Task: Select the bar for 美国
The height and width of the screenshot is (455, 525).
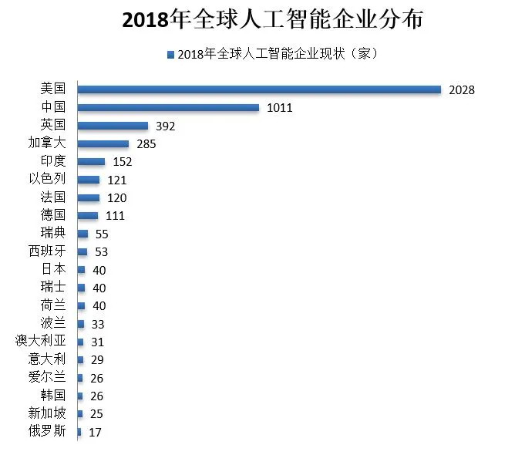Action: (259, 89)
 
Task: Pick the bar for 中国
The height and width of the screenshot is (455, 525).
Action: (168, 107)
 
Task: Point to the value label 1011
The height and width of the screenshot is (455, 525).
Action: (279, 108)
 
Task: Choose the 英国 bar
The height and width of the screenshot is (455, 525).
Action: (113, 125)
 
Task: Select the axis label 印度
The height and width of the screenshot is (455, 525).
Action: (53, 160)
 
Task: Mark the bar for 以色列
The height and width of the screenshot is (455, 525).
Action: (89, 180)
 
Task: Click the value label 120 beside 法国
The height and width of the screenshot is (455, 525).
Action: (116, 197)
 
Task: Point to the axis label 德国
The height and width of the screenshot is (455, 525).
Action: (53, 214)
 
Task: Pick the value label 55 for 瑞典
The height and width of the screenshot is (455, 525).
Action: (101, 234)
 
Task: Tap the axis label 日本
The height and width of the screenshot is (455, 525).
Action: (53, 269)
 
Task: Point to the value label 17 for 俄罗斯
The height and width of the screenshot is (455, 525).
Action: (95, 433)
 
